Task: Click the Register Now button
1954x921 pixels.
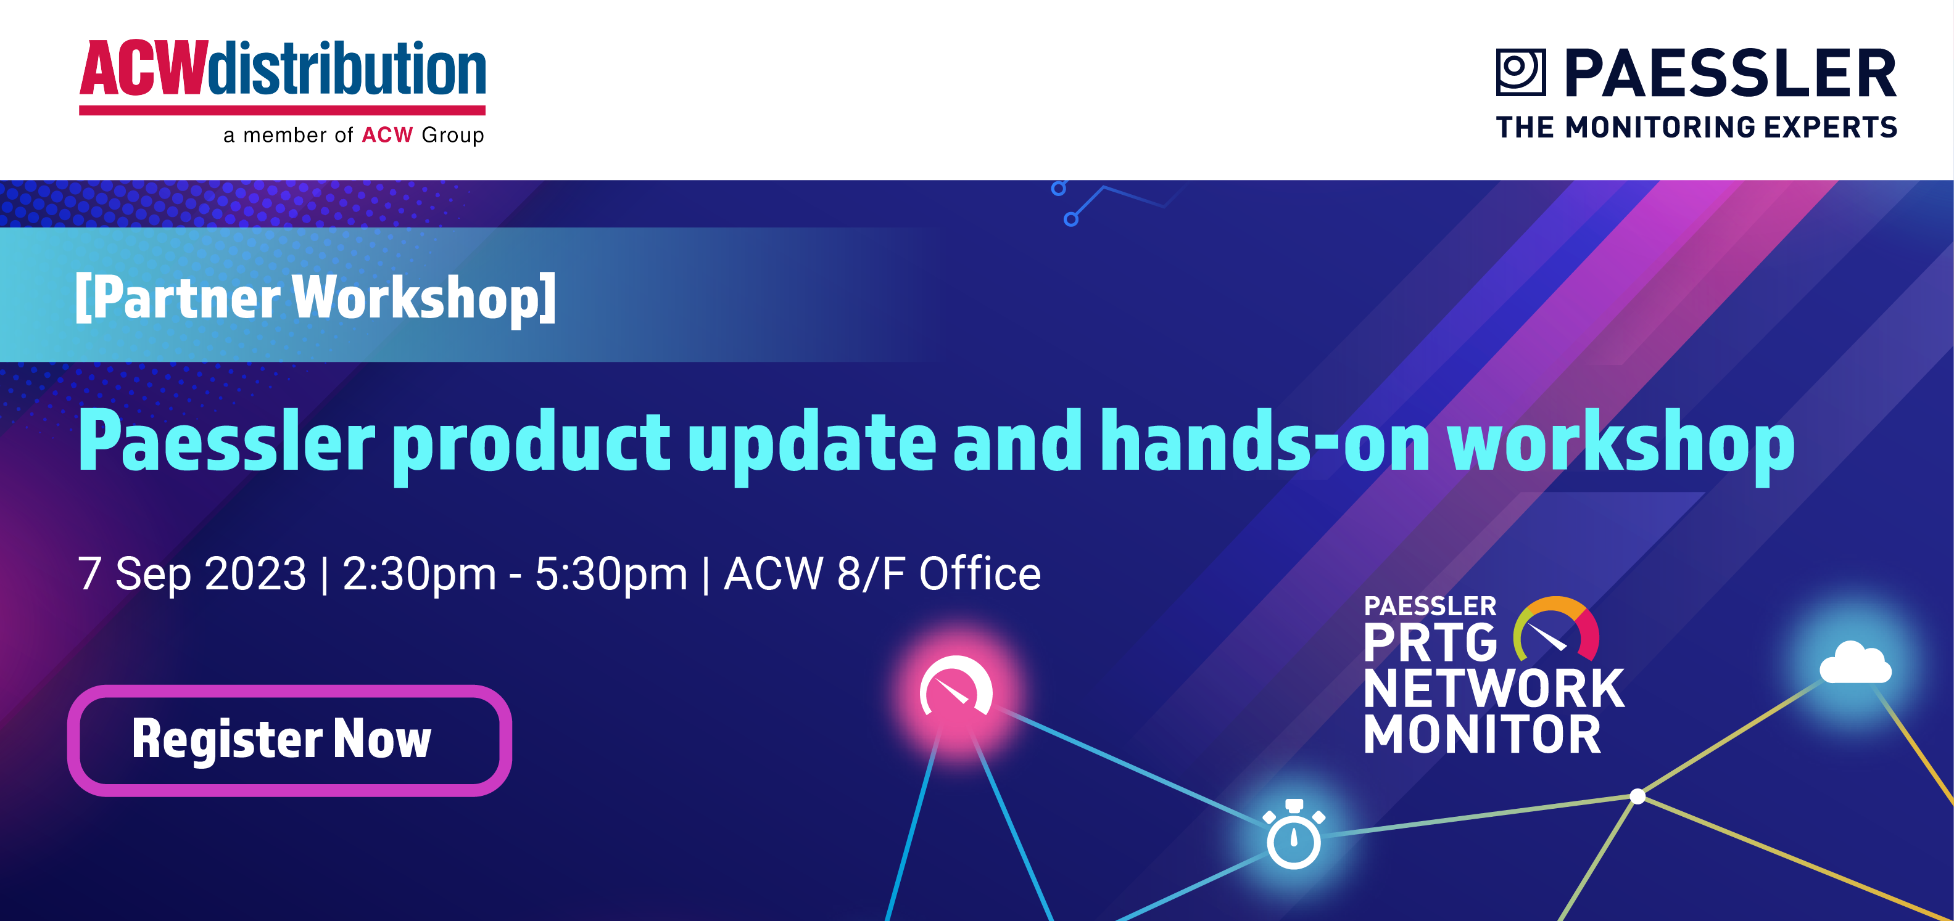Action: tap(289, 740)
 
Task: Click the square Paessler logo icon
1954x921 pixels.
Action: tap(1520, 72)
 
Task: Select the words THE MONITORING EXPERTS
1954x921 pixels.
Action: tap(1697, 128)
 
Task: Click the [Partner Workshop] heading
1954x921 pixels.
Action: tap(315, 298)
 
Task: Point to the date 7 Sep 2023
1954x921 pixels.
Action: tap(192, 574)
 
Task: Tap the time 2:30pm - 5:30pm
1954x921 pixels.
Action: tap(515, 575)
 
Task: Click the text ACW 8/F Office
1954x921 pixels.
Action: tap(882, 573)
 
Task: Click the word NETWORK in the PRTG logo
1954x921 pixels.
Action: tap(1494, 689)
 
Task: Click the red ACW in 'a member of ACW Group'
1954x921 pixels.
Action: tap(387, 135)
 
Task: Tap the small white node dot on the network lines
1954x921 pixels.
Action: tap(1637, 796)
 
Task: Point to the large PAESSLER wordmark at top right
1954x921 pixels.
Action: tap(1730, 73)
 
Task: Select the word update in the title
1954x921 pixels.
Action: tap(813, 446)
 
